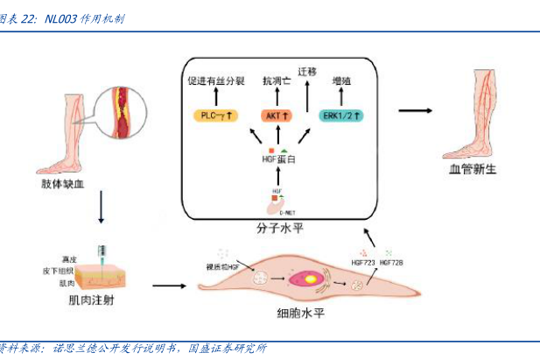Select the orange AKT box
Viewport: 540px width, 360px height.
click(x=277, y=116)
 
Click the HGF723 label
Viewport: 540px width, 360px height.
click(x=362, y=261)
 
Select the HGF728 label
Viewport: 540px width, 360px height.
click(x=393, y=261)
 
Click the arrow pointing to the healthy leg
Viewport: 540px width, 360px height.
click(x=418, y=110)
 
